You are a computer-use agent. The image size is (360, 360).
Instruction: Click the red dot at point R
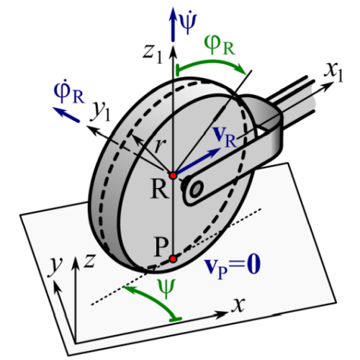pos(173,176)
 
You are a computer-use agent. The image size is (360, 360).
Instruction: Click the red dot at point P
pos(173,259)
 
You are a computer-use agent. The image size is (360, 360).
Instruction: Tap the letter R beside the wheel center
pos(159,189)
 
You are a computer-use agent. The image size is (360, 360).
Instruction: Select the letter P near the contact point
pos(161,247)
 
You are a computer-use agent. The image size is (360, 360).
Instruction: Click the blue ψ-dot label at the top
pos(189,23)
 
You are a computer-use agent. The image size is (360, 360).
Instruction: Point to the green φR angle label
pos(219,45)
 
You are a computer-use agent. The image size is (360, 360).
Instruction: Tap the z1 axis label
pos(153,54)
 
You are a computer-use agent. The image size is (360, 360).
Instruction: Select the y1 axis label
pos(102,112)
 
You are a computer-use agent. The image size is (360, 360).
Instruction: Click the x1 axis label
pos(333,73)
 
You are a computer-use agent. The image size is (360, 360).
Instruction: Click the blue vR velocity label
pos(225,137)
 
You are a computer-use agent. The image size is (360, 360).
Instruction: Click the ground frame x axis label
pos(238,305)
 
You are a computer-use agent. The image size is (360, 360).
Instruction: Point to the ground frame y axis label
pos(55,266)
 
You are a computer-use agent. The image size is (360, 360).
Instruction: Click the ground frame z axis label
pos(89,261)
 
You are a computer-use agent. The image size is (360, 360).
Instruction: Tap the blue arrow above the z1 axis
pos(172,24)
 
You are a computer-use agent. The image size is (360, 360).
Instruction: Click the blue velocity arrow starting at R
pos(197,161)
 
